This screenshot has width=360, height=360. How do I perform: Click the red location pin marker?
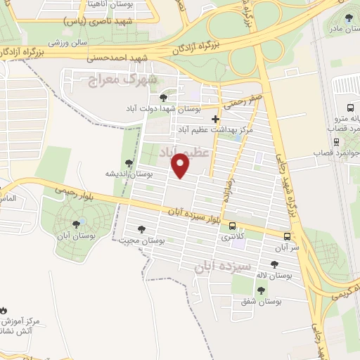pos(181,167)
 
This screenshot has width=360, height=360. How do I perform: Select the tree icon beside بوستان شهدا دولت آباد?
pos(163,98)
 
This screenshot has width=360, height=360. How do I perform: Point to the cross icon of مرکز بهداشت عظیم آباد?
pos(215,120)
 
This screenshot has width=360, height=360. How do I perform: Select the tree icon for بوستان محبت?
pos(143,229)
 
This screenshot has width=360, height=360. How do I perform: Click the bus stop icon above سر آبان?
pos(287,236)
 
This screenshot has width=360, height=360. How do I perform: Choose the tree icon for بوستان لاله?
pos(274,264)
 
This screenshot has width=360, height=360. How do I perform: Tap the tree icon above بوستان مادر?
pos(350,18)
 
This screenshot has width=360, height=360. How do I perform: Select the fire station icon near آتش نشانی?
pos(4,309)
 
